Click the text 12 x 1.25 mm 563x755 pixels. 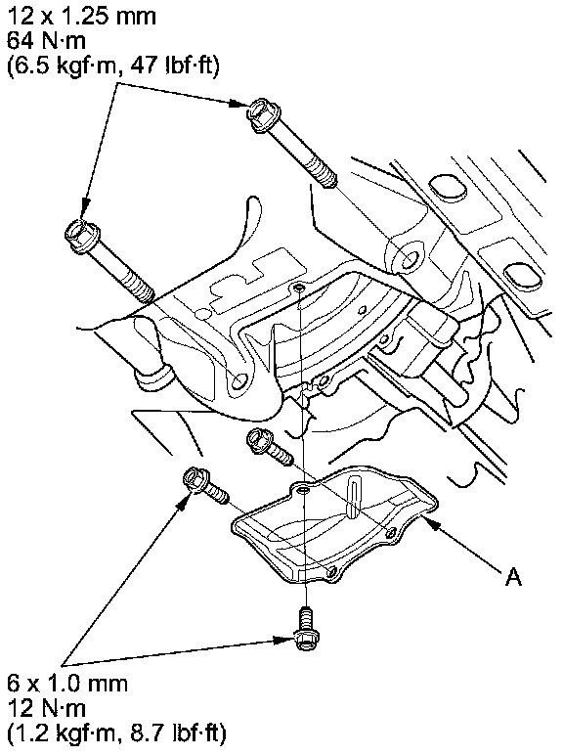pos(81,17)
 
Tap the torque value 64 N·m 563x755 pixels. pos(46,41)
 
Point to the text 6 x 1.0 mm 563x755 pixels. pos(67,685)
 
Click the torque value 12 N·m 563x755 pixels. pos(46,708)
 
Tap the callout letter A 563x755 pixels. pos(513,576)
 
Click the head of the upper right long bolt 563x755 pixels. pos(261,114)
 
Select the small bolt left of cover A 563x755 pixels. pos(205,487)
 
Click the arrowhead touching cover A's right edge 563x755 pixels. pos(431,524)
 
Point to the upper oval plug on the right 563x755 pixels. pos(448,189)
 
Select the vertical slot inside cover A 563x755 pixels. pos(354,500)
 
